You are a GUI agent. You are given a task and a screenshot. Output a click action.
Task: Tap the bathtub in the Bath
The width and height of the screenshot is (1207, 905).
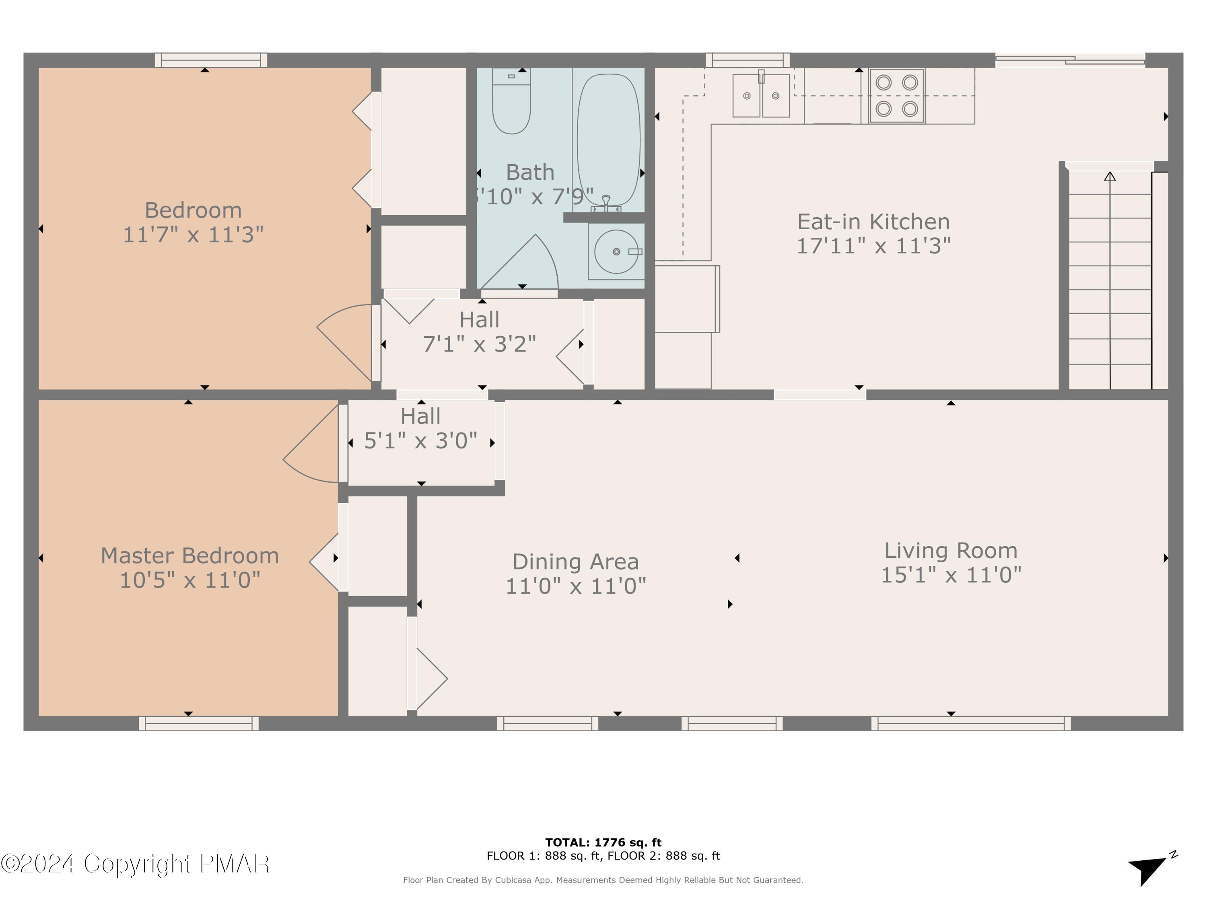[x=608, y=140]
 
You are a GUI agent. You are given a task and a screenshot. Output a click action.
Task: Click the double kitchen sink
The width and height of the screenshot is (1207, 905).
[x=761, y=96]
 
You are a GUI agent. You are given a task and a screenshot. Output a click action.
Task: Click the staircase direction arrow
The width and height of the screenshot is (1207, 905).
[x=1109, y=177]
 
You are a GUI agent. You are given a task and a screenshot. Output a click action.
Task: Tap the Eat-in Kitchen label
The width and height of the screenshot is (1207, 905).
[x=873, y=222]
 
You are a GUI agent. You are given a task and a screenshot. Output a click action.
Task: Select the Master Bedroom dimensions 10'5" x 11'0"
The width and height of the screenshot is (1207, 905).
[x=189, y=580]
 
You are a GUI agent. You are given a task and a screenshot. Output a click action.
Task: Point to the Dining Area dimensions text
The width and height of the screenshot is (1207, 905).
[x=576, y=586]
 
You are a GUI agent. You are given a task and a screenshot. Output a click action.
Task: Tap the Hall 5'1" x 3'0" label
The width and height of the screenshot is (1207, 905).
[x=420, y=429]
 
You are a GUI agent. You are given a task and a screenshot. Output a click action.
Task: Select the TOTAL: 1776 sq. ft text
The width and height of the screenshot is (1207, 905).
[x=603, y=842]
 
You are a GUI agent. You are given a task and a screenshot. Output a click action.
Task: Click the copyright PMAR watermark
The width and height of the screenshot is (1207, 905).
[x=135, y=864]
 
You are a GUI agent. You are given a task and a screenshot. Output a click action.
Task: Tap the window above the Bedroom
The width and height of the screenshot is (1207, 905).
[x=211, y=60]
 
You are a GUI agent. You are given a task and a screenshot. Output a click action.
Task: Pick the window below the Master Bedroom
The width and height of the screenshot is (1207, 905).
[x=199, y=723]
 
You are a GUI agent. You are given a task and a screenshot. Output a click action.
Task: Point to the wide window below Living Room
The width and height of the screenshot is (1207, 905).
[x=971, y=723]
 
